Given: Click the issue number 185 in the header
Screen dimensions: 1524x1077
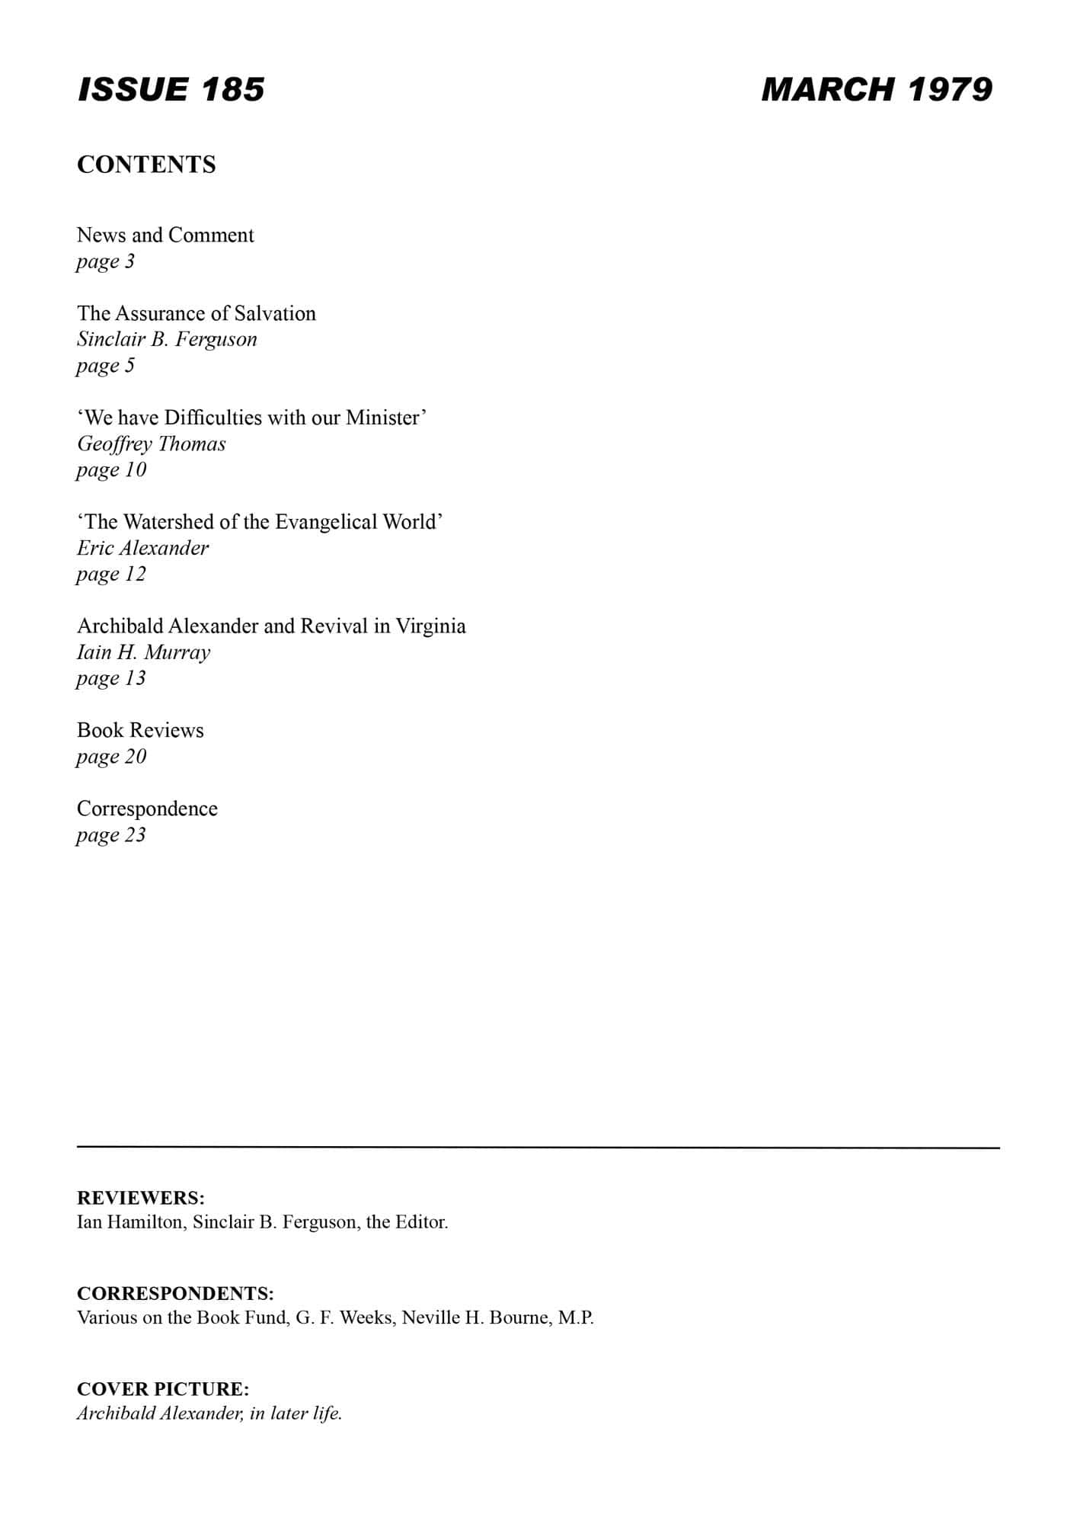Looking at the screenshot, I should click(x=233, y=90).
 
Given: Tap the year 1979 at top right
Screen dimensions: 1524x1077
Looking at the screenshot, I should click(x=951, y=90).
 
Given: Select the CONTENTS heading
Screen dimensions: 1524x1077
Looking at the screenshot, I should click(x=146, y=165).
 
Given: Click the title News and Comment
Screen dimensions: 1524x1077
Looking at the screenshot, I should click(x=165, y=235).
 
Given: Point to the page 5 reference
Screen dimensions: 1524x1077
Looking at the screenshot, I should click(x=105, y=366).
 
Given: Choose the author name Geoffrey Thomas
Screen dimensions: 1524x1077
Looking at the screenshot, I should click(x=152, y=443).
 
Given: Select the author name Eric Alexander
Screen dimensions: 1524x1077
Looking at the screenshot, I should click(x=142, y=548).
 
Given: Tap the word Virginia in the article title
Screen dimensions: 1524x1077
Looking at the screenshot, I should click(x=430, y=626).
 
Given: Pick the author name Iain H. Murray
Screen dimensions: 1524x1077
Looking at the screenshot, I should click(x=143, y=652).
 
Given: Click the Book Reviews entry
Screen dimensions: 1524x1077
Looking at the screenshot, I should click(x=140, y=730).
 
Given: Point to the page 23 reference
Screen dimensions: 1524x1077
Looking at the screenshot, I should click(x=110, y=835).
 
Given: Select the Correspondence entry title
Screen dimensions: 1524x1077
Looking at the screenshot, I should click(x=147, y=808).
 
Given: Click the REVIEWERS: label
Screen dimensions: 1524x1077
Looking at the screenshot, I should click(x=141, y=1198).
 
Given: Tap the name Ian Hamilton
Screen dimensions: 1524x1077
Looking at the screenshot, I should click(x=129, y=1222).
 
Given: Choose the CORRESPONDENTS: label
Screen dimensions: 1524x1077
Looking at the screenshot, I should click(x=175, y=1293).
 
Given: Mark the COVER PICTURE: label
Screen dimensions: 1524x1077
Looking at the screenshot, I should click(x=163, y=1388).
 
